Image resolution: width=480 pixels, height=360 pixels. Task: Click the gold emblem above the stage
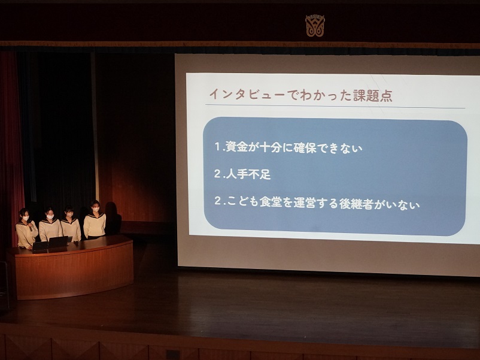click(x=315, y=25)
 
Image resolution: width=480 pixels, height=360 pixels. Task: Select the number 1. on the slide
click(x=220, y=146)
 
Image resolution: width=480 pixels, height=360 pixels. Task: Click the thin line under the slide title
click(x=335, y=106)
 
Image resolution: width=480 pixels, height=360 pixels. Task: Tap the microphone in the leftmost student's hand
click(x=30, y=228)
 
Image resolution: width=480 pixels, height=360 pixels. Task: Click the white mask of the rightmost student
click(x=96, y=210)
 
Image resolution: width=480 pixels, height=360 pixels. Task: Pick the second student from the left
click(x=50, y=224)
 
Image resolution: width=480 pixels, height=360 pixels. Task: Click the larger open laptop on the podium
click(x=58, y=242)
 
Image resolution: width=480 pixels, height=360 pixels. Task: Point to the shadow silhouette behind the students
click(x=113, y=218)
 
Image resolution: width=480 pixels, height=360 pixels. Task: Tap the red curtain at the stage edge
click(x=11, y=147)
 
